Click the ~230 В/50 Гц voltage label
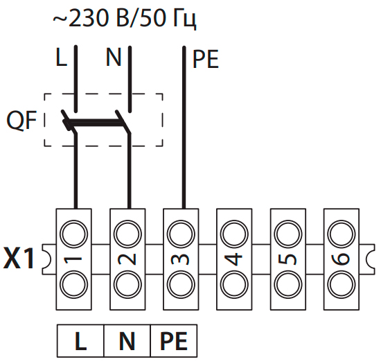(x=125, y=19)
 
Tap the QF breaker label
(x=21, y=121)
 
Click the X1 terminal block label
(x=19, y=258)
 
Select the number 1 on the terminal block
(x=73, y=259)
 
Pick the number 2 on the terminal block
(x=127, y=259)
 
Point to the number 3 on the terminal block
(x=180, y=259)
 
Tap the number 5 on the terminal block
(x=287, y=259)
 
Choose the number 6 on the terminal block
(x=341, y=259)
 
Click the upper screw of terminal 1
(x=73, y=234)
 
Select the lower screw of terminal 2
(x=127, y=285)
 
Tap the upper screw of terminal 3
(x=181, y=234)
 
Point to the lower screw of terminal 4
(x=234, y=285)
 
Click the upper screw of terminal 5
(x=288, y=234)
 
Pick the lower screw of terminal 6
(x=342, y=285)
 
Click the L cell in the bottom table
(x=80, y=341)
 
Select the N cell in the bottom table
(x=127, y=341)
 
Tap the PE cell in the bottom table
(x=174, y=341)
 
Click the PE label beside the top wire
(x=206, y=60)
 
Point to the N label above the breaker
(x=114, y=57)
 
